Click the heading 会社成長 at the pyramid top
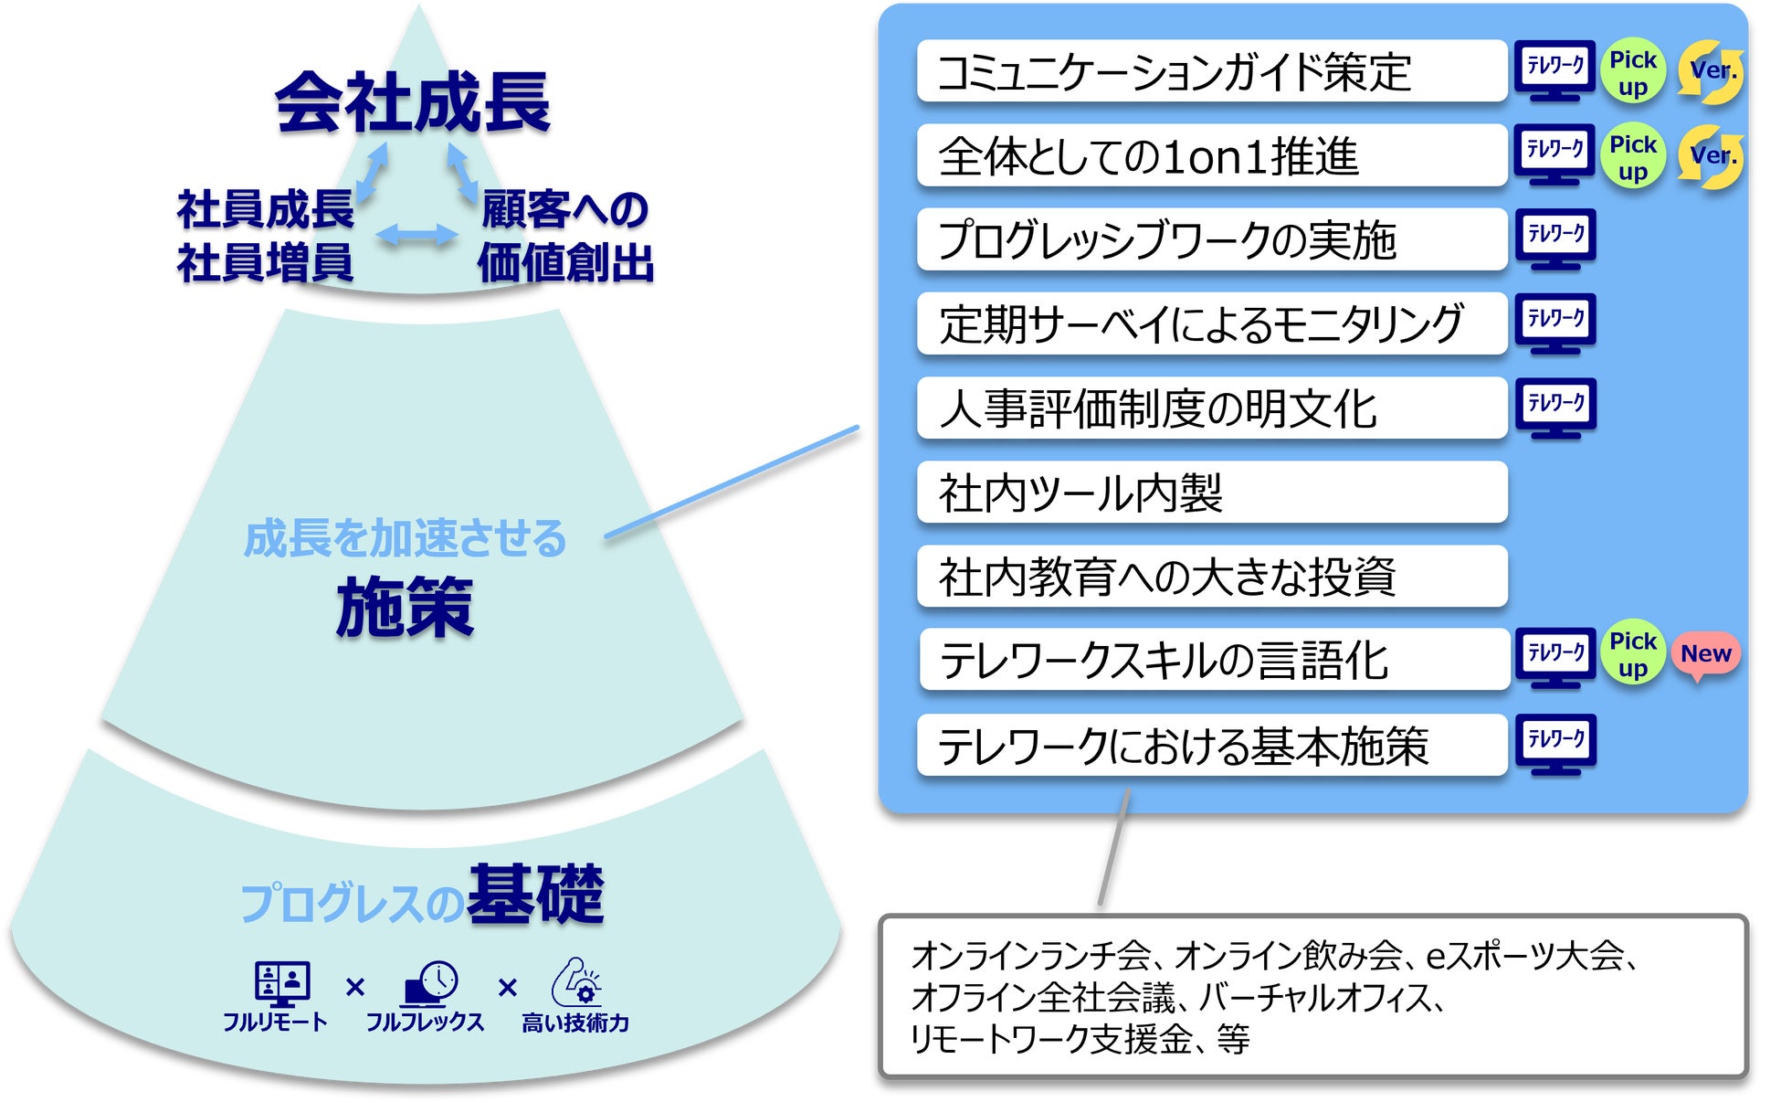413,102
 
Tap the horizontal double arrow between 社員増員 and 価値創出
416,235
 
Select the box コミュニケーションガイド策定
1211,71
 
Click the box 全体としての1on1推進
1211,155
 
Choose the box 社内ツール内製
1211,493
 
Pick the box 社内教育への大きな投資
1211,577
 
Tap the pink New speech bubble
1705,654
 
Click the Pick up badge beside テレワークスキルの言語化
1632,654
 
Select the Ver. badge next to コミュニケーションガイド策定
1711,71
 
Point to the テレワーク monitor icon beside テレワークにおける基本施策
1555,744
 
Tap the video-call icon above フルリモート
282,983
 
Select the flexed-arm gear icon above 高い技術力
576,982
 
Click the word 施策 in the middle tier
405,607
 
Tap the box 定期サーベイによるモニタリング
1211,323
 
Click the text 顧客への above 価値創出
564,209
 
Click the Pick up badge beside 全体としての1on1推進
1632,156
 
